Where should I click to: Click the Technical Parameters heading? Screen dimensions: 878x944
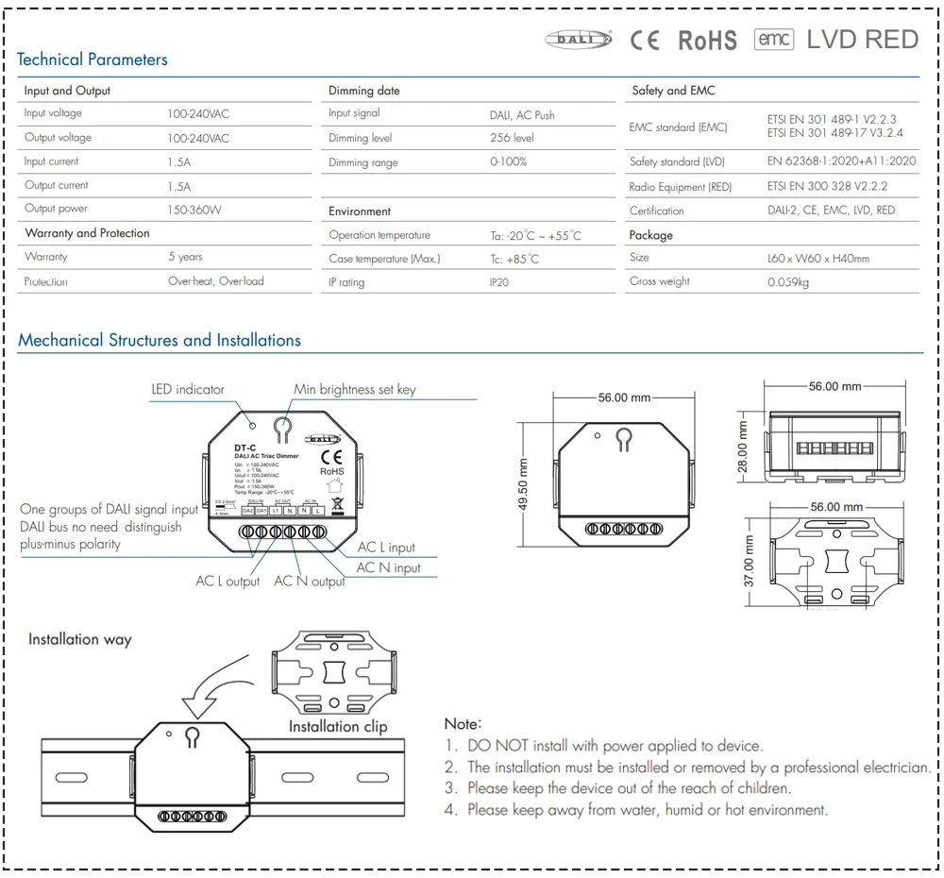pos(92,59)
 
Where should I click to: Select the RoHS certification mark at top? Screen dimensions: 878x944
pos(707,41)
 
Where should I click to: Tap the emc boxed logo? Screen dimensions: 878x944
pos(773,40)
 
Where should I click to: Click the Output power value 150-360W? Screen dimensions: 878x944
pos(194,210)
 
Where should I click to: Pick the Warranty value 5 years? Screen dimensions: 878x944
pos(185,257)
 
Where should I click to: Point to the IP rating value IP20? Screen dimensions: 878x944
pos(499,282)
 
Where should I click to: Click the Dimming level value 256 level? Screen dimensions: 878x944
pos(512,138)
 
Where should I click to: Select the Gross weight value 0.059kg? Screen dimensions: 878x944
pos(788,281)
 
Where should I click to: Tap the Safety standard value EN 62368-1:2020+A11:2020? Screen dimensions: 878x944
pos(842,161)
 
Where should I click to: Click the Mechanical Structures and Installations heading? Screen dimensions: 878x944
pos(160,340)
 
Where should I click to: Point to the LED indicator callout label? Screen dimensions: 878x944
pos(188,389)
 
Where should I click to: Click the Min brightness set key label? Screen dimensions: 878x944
pos(354,389)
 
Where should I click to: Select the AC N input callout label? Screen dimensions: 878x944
pos(388,567)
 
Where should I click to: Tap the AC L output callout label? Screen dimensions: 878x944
pos(228,582)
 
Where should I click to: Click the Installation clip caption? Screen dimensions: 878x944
pos(337,726)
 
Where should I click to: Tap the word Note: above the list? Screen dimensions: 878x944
pos(463,723)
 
